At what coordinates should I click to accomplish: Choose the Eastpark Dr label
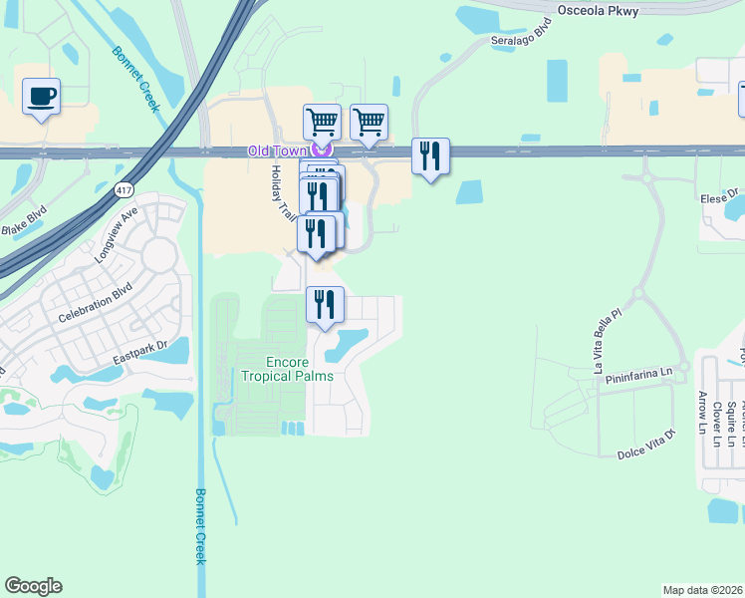pos(141,351)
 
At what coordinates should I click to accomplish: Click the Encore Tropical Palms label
pos(285,369)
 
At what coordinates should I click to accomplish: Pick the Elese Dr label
pos(723,195)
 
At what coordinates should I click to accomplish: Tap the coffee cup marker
pos(41,97)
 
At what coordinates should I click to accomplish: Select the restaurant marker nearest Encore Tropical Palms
pos(325,303)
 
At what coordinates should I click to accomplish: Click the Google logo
pos(34,586)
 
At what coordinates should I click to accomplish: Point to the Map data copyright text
pos(703,590)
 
